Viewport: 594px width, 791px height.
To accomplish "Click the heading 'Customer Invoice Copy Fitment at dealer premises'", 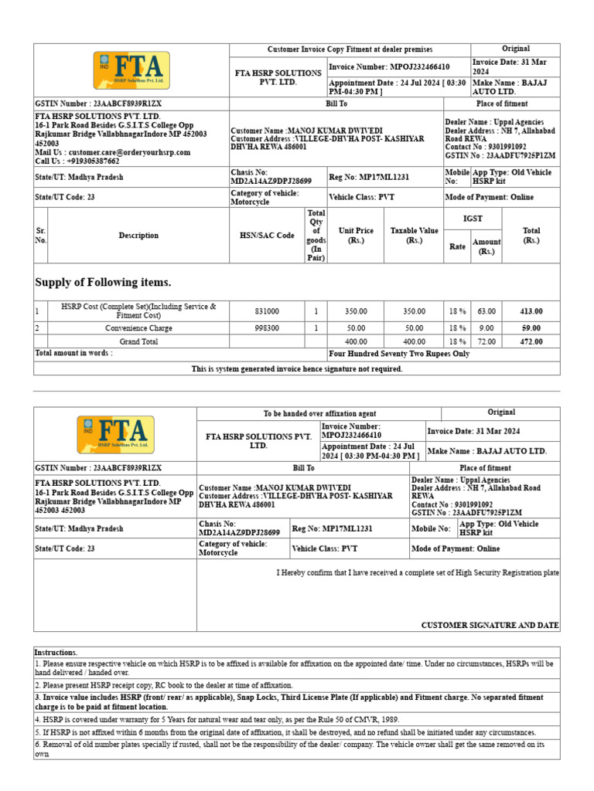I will click(x=350, y=49).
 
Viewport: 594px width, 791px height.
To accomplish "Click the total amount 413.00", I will click(x=531, y=311).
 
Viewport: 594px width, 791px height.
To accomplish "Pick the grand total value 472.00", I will click(x=531, y=341).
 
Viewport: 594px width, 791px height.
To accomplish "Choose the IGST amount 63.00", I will click(x=486, y=311).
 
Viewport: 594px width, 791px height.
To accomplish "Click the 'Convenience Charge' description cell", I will click(x=138, y=328).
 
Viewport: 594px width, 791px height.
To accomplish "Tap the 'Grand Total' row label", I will click(x=138, y=341).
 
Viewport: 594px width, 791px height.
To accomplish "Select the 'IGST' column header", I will click(x=472, y=219).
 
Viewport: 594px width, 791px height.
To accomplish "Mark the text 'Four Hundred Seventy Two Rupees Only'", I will click(x=399, y=354).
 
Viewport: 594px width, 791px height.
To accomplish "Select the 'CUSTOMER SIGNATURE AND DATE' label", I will click(x=490, y=625).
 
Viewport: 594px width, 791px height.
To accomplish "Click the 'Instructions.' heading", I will click(x=56, y=653).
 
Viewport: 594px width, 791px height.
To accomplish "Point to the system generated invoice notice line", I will click(x=297, y=369).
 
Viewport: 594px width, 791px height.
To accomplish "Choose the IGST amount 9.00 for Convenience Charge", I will click(x=486, y=328).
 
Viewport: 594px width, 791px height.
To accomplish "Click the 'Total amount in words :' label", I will click(x=74, y=353).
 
